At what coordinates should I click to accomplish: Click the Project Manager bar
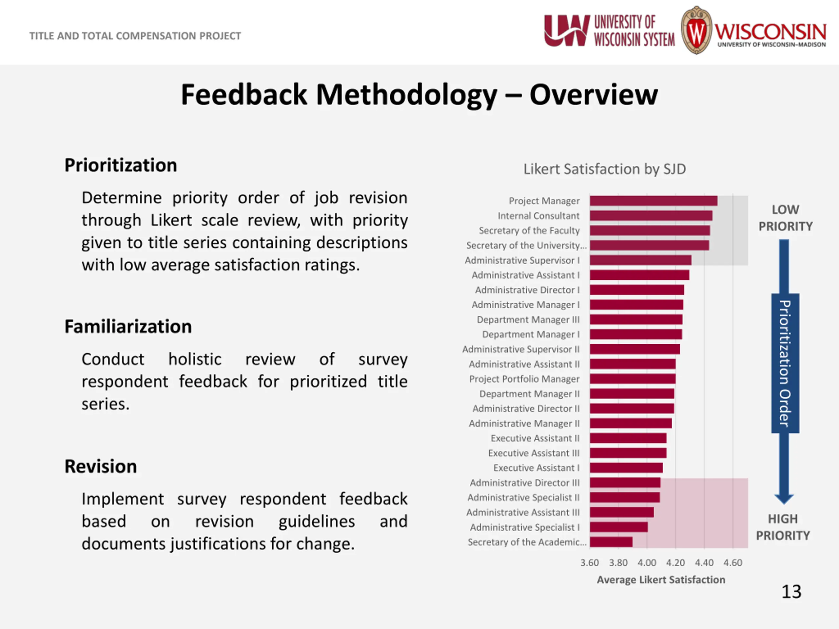click(653, 200)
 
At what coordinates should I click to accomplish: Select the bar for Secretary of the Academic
click(611, 542)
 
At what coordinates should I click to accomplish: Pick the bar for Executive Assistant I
click(626, 468)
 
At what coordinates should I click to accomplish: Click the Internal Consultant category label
click(538, 216)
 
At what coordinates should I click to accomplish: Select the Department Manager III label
click(528, 320)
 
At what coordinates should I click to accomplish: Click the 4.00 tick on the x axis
click(647, 562)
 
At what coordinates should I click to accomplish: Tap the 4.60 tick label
click(732, 562)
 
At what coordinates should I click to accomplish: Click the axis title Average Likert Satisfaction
click(661, 580)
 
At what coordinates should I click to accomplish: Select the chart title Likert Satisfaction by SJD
click(605, 169)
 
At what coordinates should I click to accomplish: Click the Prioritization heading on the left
click(121, 165)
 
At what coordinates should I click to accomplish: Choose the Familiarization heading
click(128, 326)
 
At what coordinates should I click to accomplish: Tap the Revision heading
click(101, 467)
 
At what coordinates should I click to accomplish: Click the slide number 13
click(791, 591)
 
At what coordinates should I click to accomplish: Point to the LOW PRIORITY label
click(785, 218)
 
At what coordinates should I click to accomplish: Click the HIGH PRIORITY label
click(783, 527)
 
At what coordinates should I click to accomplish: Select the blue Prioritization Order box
click(785, 363)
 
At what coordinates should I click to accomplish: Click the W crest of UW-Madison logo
click(696, 30)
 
